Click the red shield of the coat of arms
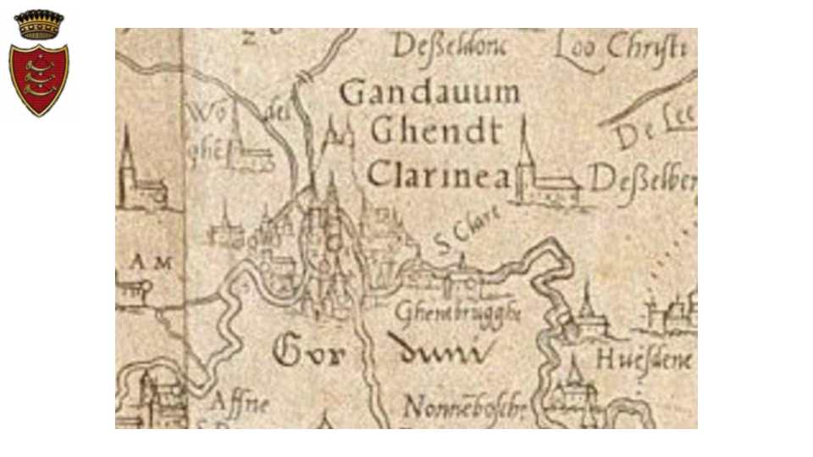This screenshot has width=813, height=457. pos(39,78)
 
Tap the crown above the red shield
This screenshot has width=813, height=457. pos(39,24)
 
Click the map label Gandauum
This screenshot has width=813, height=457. pos(429,92)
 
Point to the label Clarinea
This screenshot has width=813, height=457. pos(439,174)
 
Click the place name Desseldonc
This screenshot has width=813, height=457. pos(449,47)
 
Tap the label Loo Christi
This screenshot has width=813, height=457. pos(621,48)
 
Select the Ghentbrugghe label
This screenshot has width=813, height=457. pos(457,312)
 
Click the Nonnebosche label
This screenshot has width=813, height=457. pos(464,409)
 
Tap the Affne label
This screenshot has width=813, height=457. pos(239,403)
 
